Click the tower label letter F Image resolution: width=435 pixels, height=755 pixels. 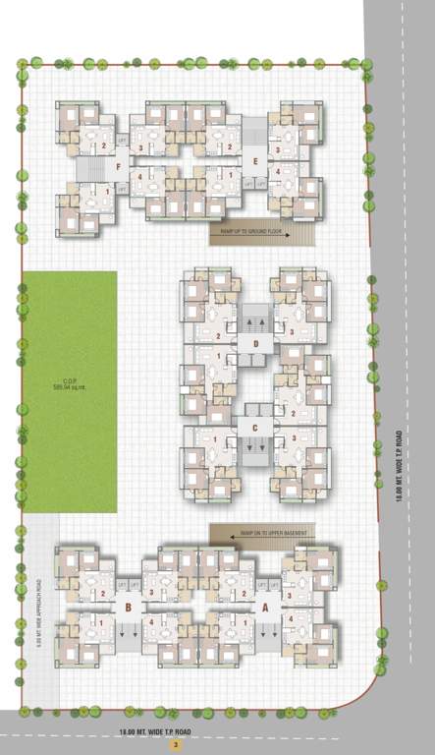point(118,166)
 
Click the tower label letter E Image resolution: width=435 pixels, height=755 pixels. point(254,160)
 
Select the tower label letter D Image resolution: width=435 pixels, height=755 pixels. point(254,343)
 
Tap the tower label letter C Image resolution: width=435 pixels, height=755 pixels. point(254,427)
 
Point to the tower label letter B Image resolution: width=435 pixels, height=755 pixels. point(129,608)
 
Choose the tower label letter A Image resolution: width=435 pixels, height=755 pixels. point(265,608)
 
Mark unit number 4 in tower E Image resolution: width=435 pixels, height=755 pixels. point(279,171)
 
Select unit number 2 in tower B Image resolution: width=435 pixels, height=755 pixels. point(102,593)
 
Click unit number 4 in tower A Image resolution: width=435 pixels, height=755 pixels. point(290,618)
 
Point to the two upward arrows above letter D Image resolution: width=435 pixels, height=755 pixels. point(254,321)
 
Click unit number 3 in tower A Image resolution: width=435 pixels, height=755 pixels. point(290,595)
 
